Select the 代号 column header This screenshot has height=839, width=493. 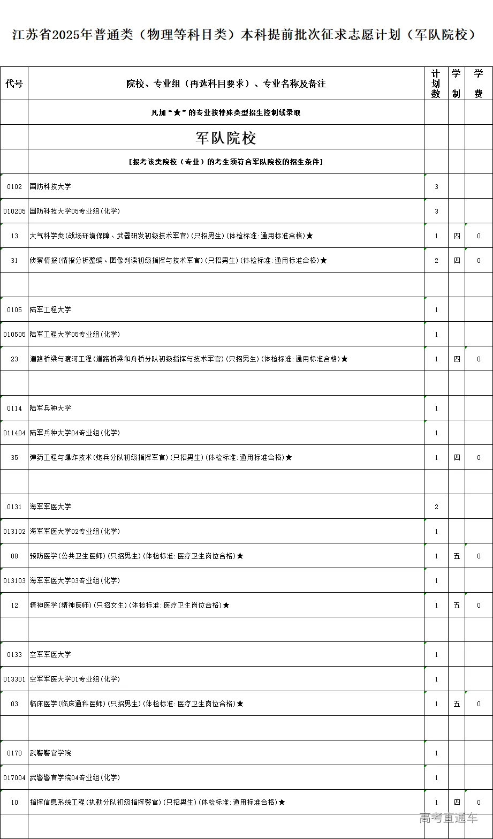pyautogui.click(x=14, y=84)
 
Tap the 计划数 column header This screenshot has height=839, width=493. pyautogui.click(x=436, y=84)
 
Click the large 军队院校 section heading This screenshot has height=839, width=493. pyautogui.click(x=226, y=138)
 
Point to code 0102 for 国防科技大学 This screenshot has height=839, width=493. pyautogui.click(x=14, y=187)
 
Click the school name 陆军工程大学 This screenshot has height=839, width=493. pyautogui.click(x=50, y=310)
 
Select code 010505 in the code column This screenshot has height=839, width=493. pyautogui.click(x=14, y=335)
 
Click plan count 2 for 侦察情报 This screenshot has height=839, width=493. pyautogui.click(x=436, y=261)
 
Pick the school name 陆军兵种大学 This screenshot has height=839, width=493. pyautogui.click(x=50, y=409)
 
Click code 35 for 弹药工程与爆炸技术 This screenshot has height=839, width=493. pyautogui.click(x=14, y=458)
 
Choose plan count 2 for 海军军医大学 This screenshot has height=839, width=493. pyautogui.click(x=436, y=507)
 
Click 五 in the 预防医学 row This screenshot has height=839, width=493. pyautogui.click(x=457, y=556)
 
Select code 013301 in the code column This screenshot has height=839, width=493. pyautogui.click(x=14, y=679)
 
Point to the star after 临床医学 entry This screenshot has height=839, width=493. pyautogui.click(x=240, y=704)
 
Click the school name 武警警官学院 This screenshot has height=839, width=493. pyautogui.click(x=50, y=753)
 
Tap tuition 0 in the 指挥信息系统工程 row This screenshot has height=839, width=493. pyautogui.click(x=479, y=803)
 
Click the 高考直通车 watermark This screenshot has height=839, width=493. pyautogui.click(x=449, y=818)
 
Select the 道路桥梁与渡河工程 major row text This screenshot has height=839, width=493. pyautogui.click(x=185, y=359)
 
